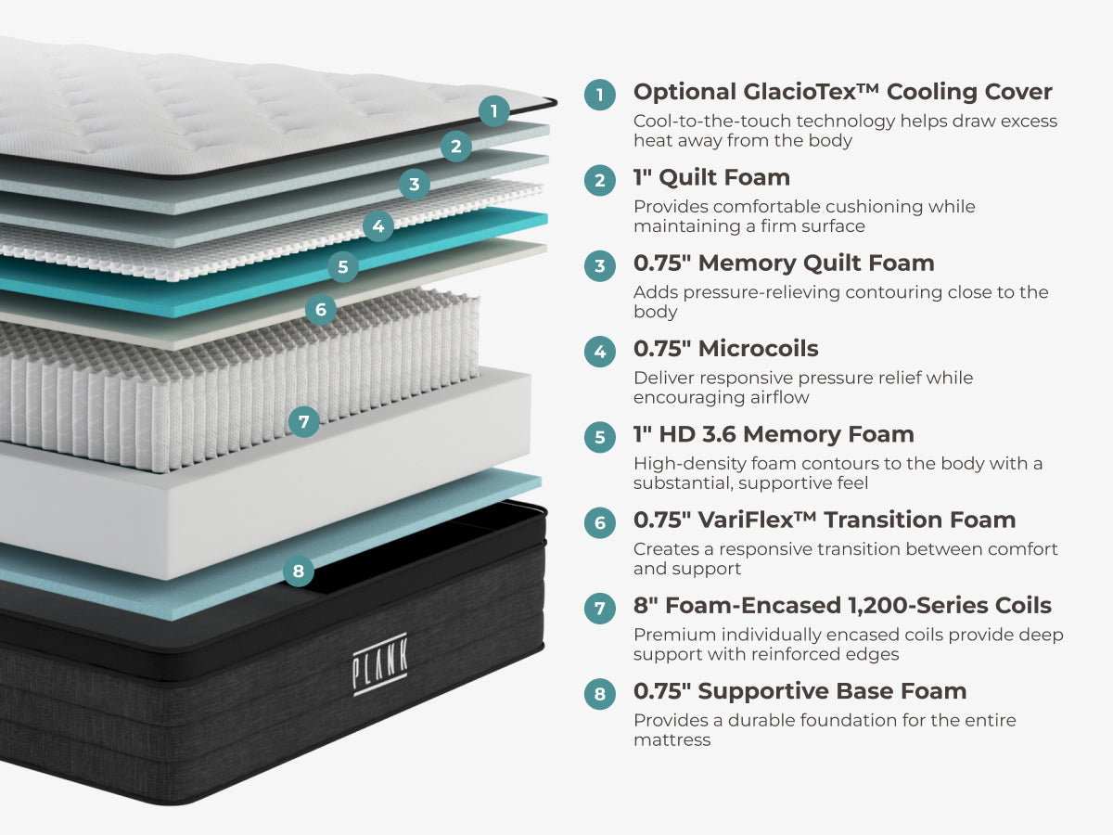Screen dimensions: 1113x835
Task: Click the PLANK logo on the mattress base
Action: (x=379, y=664)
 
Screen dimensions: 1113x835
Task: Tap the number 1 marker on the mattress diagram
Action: (x=493, y=111)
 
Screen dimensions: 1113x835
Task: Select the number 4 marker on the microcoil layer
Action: (x=378, y=226)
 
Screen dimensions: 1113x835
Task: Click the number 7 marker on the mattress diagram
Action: (x=303, y=421)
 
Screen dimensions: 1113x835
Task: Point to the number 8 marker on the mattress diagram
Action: (x=298, y=571)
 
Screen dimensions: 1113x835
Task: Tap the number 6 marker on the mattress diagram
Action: (x=321, y=309)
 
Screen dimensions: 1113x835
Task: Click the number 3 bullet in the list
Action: (x=600, y=265)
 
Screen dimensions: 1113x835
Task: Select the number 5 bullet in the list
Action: (x=600, y=437)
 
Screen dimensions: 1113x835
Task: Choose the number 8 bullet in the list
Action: (x=600, y=694)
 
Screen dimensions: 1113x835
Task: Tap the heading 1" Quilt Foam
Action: (x=712, y=177)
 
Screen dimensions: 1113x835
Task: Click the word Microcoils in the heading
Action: (x=758, y=349)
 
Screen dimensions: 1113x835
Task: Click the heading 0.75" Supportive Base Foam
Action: (x=800, y=691)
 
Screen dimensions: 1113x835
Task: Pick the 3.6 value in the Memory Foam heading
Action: (x=719, y=434)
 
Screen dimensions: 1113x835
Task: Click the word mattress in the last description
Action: (x=672, y=740)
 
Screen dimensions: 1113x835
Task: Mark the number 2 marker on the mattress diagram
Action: (x=455, y=147)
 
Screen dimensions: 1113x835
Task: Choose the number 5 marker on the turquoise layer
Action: (x=343, y=266)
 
